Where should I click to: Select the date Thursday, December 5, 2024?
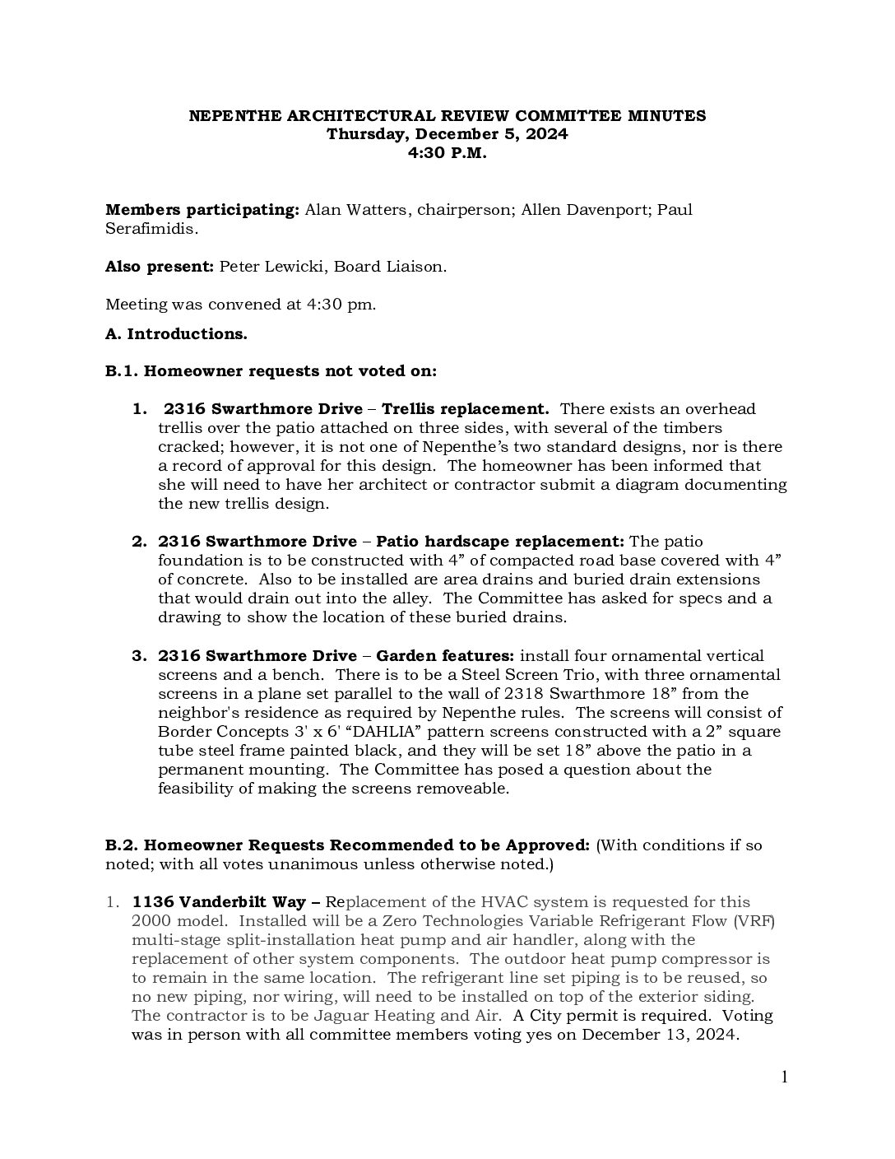coord(447,134)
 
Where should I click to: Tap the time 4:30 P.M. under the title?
coord(447,153)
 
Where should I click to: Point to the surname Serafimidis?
coord(151,229)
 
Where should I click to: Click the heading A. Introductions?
coord(176,333)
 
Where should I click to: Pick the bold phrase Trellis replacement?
coord(466,409)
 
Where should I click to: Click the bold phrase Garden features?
coord(445,656)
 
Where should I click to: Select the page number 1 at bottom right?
coord(784,1078)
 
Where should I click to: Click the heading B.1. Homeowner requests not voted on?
coord(271,371)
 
